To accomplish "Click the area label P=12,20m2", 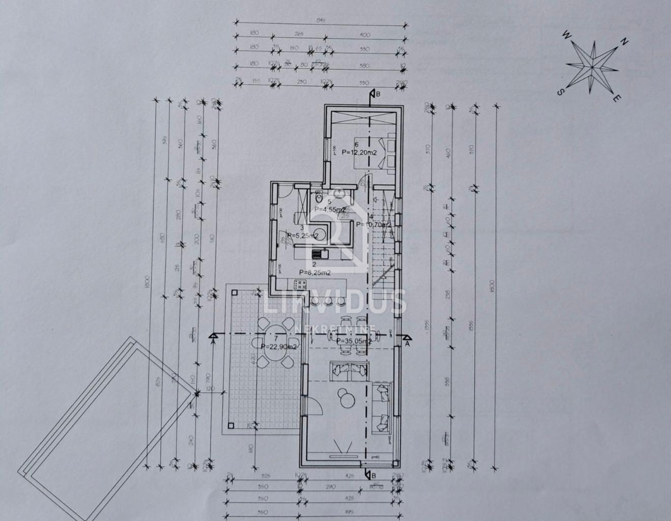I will coord(358,151).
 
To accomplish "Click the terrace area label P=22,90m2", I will coord(279,346).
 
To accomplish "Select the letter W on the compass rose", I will coord(566,35).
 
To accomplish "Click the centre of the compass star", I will coord(592,67).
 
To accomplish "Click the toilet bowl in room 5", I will coord(318,198).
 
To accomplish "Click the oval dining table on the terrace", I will coord(273,337).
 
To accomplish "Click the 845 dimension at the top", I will coord(320,21).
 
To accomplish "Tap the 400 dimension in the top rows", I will coord(365,35).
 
